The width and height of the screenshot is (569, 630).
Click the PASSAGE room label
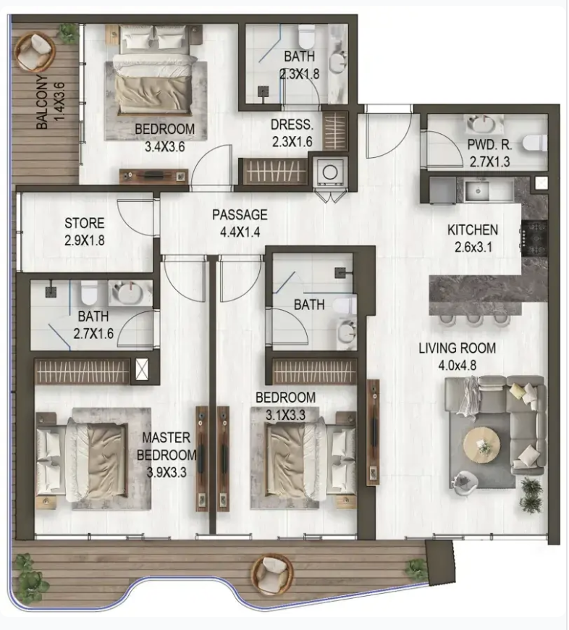[x=240, y=214]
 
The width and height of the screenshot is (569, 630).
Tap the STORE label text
[x=84, y=223]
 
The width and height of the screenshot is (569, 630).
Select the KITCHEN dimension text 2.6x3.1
[x=473, y=247]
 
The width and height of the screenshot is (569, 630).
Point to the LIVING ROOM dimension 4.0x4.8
[x=457, y=365]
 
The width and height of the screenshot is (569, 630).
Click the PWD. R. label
[x=489, y=145]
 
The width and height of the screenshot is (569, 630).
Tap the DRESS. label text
[x=292, y=125]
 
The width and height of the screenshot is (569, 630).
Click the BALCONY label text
[x=42, y=102]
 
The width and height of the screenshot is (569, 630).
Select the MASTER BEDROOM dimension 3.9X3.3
[x=167, y=472]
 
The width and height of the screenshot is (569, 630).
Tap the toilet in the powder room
[x=535, y=143]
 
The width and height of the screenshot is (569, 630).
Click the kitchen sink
[x=478, y=191]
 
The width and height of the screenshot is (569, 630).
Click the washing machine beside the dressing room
[x=329, y=172]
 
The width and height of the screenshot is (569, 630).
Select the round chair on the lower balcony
[x=272, y=575]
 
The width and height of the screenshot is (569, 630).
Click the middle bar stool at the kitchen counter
[x=475, y=320]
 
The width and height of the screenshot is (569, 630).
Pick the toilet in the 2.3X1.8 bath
[x=307, y=35]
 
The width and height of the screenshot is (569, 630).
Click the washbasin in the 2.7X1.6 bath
[x=127, y=293]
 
